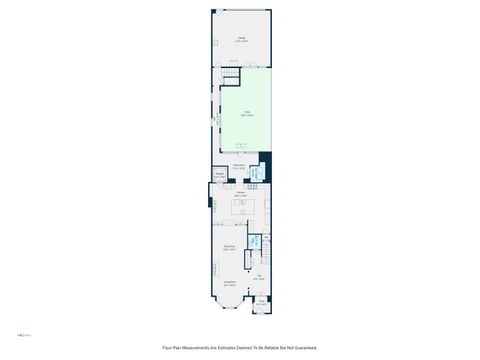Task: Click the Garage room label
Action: coord(242,40)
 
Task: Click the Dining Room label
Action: coord(229,247)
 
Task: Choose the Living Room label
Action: coord(230,284)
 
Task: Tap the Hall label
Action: coord(258,278)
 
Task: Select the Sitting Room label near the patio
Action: coord(239,167)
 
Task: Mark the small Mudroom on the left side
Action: coord(219,177)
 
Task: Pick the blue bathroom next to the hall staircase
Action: coord(254,242)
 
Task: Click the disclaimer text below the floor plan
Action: coord(240,347)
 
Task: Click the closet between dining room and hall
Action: coord(254,257)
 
